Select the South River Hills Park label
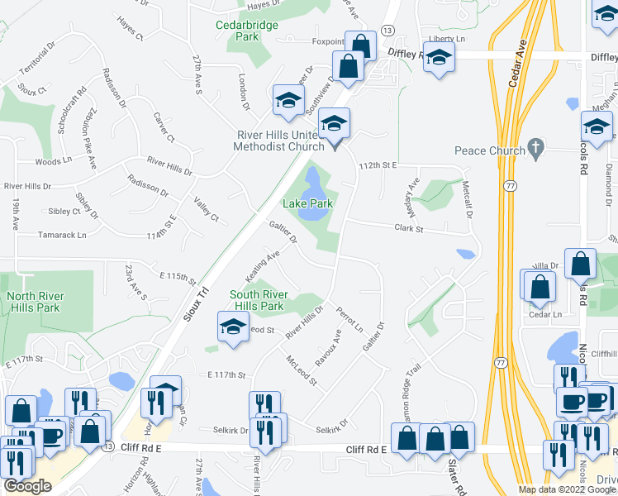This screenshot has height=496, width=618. click(259, 300)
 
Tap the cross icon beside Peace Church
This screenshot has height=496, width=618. click(536, 150)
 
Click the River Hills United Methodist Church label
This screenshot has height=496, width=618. click(277, 141)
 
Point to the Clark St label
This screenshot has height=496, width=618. click(408, 228)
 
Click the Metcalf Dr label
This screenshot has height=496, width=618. click(468, 201)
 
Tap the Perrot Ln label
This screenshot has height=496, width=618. click(350, 320)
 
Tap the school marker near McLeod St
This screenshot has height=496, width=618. click(233, 325)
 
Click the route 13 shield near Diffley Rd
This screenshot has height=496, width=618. click(387, 30)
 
